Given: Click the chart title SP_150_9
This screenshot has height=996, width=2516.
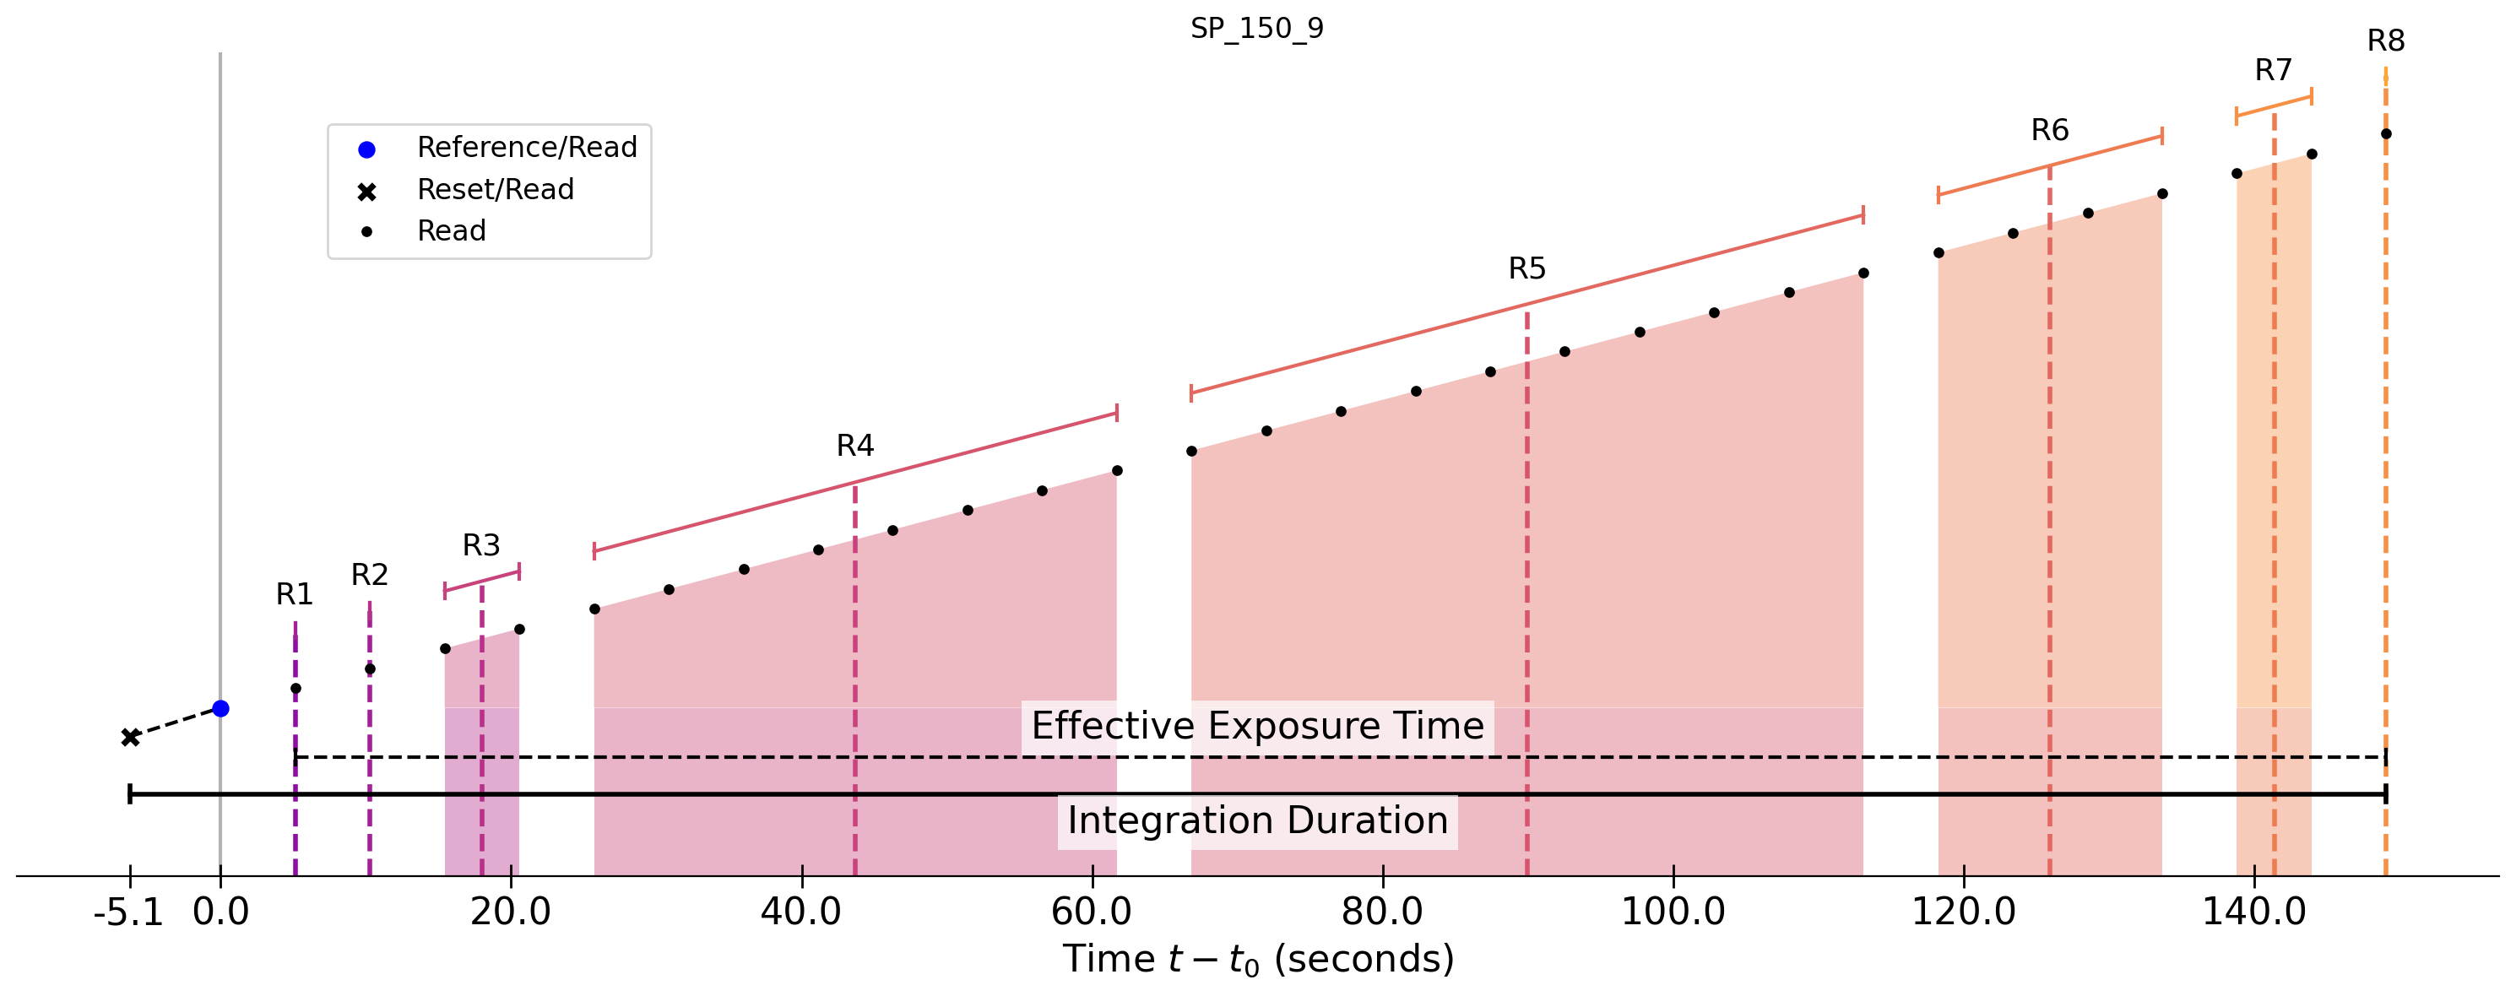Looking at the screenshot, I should click(x=1256, y=29).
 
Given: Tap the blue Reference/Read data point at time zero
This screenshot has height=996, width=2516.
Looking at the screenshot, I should click(x=220, y=708).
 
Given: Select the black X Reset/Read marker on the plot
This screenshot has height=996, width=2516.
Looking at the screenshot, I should click(x=130, y=737).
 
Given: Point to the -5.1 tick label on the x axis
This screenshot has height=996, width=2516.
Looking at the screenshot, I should click(x=129, y=912).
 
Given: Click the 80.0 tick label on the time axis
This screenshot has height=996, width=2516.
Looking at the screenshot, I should click(x=1382, y=912).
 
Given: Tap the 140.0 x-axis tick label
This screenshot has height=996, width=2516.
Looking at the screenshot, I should click(x=2253, y=912).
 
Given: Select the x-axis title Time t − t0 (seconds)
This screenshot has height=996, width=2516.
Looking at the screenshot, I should click(x=1258, y=959).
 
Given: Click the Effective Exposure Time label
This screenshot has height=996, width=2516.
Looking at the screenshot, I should click(x=1257, y=727).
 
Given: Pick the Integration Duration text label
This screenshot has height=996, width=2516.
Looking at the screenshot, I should click(x=1257, y=821).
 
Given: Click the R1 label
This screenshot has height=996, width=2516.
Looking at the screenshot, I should click(x=294, y=593).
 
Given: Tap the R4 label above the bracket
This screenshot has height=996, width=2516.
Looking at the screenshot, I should click(x=854, y=447).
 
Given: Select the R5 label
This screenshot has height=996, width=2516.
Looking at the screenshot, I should click(x=1526, y=268).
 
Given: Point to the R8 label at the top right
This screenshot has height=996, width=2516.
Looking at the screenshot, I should click(x=2385, y=41).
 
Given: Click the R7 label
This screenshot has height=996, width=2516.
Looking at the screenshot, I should click(x=2273, y=70).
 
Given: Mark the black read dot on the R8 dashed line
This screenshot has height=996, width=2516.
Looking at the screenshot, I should click(x=2385, y=133).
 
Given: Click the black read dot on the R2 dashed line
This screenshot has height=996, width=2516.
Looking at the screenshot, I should click(x=369, y=669).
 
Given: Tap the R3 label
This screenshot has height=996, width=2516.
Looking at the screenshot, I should click(x=480, y=545).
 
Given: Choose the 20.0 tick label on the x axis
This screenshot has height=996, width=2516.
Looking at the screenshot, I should click(x=510, y=912).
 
